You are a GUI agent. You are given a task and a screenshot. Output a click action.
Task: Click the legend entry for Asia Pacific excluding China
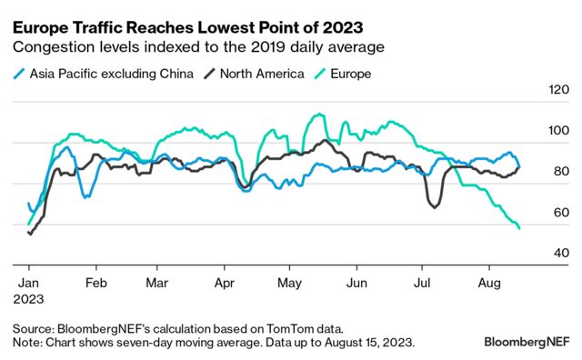tap(109, 74)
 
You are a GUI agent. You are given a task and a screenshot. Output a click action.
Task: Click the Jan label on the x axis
tap(28, 282)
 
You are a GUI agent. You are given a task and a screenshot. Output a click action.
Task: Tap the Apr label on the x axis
tap(224, 282)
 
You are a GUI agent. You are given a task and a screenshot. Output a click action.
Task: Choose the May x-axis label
tap(289, 282)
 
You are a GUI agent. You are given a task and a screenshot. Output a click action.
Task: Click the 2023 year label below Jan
tap(28, 297)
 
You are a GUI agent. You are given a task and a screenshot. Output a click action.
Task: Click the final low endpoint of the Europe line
tap(519, 228)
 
